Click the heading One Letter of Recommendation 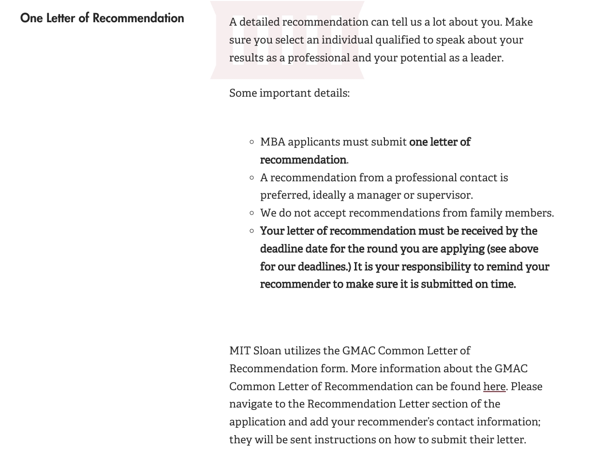(x=102, y=18)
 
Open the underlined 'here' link (x=494, y=386)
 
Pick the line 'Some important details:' (x=289, y=93)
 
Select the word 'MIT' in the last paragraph (x=239, y=351)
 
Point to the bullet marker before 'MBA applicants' (x=252, y=142)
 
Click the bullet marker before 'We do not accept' (x=252, y=213)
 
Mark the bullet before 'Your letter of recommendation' (x=252, y=231)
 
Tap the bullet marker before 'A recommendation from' (x=252, y=178)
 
